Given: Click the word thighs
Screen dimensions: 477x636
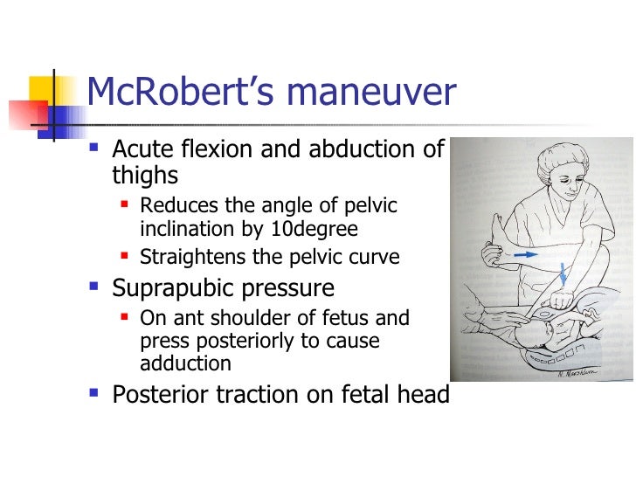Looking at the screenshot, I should [145, 175].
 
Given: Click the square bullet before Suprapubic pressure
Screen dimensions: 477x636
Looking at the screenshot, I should [94, 287].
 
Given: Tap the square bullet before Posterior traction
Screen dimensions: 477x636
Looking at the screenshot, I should [94, 395].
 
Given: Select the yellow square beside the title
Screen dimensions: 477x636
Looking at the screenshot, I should [45, 91].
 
